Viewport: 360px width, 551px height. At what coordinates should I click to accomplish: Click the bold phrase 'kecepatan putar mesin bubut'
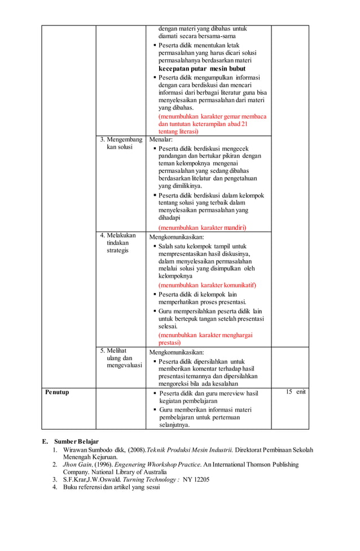[x=201, y=68]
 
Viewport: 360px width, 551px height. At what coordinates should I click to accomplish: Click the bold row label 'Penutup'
[x=58, y=392]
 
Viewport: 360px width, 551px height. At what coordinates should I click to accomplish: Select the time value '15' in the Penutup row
[x=288, y=392]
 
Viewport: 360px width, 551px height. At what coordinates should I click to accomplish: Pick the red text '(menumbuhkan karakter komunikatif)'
[x=207, y=285]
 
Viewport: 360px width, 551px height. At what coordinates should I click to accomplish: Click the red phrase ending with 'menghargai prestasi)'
[x=205, y=339]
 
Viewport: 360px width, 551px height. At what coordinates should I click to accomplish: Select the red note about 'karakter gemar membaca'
[x=212, y=124]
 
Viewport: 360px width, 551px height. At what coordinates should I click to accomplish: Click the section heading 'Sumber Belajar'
[x=76, y=441]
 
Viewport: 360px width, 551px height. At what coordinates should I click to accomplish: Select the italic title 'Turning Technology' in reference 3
[x=147, y=479]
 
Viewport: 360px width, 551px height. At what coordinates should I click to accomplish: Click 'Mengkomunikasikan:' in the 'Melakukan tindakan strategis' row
[x=176, y=237]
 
